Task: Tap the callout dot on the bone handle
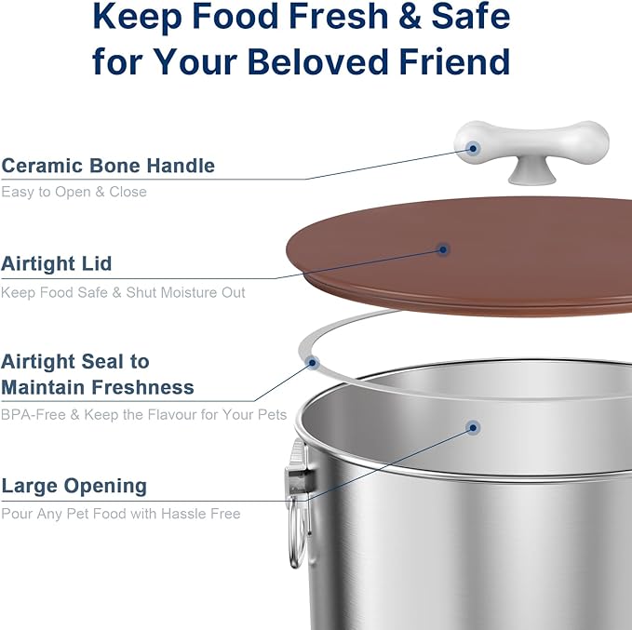point(474,147)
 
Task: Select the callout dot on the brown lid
point(444,248)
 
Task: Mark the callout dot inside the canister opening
point(473,428)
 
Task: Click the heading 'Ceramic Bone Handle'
point(108,166)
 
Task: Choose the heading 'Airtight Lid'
point(56,263)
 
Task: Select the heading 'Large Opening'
point(74,486)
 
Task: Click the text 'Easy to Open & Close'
point(74,192)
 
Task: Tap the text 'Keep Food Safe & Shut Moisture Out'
point(123,292)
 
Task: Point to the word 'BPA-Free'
point(33,414)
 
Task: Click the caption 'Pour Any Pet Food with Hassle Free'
point(121,514)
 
